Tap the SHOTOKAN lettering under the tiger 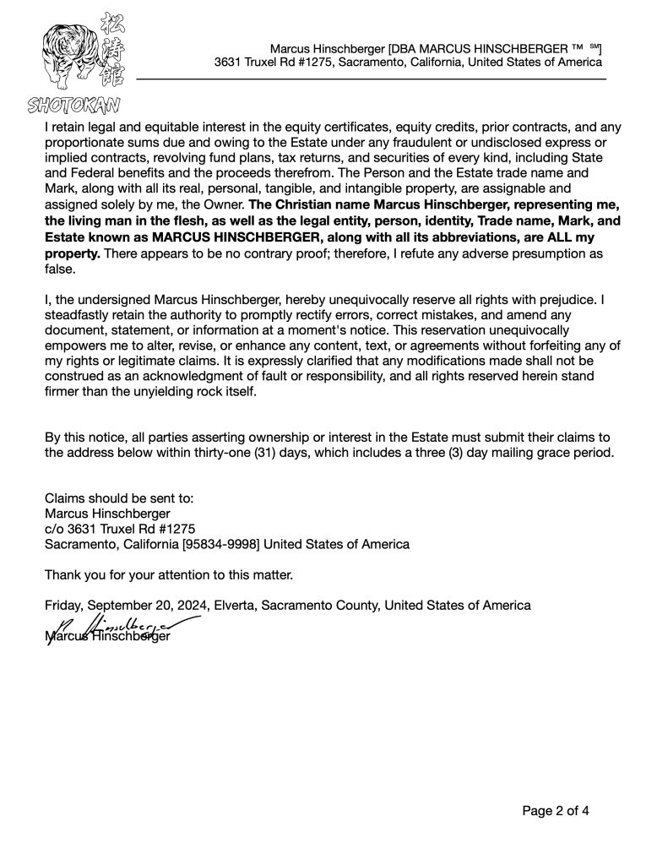pos(73,106)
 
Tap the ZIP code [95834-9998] pos(216,544)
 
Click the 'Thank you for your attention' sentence pos(169,574)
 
